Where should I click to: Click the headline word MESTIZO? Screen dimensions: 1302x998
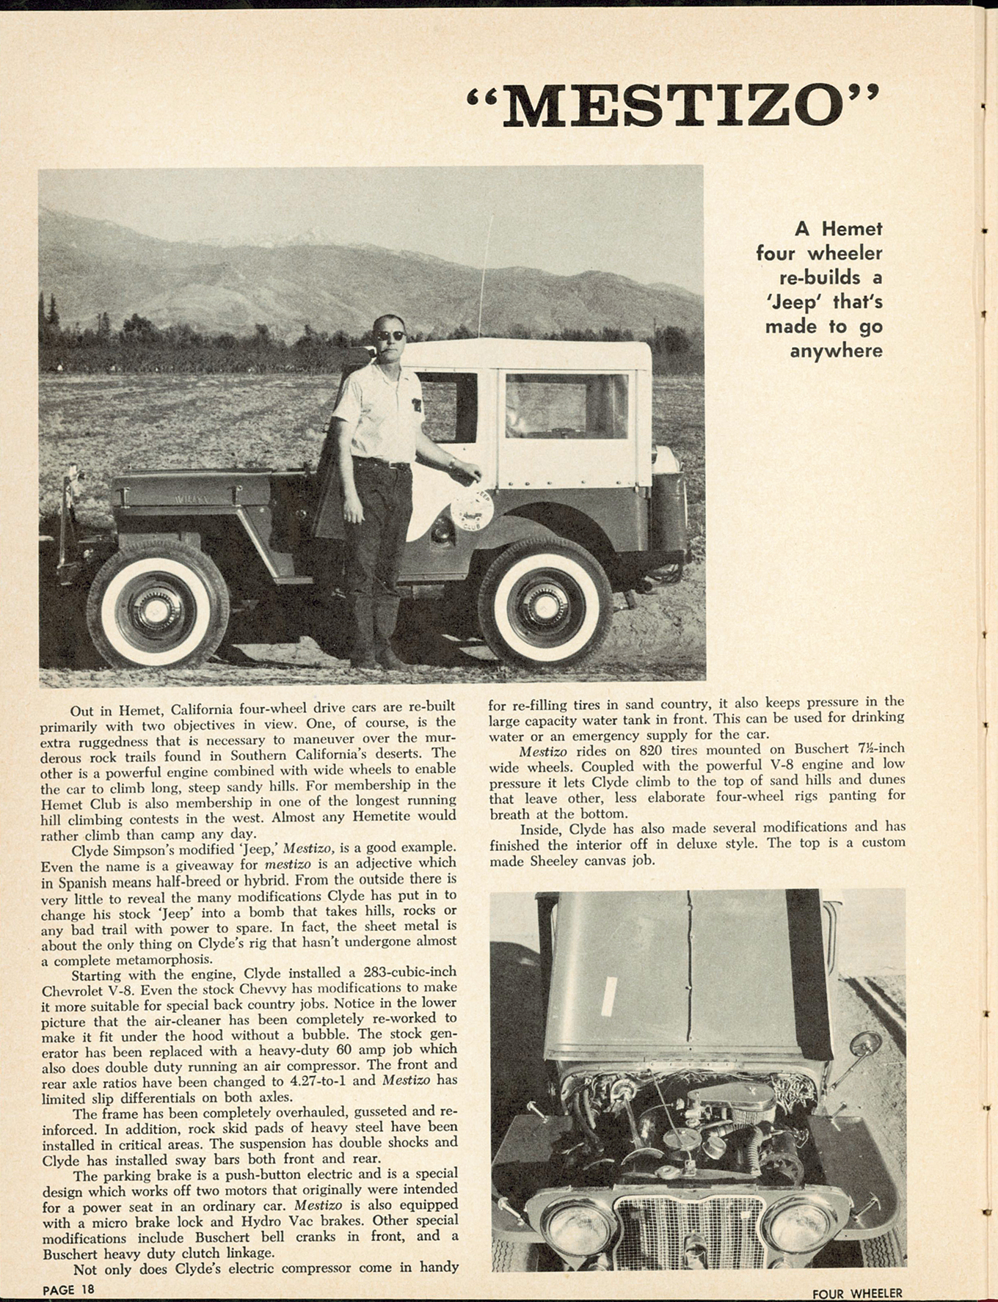point(671,106)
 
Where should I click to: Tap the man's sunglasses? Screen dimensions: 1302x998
point(391,336)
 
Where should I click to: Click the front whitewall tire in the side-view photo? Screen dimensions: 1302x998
point(158,603)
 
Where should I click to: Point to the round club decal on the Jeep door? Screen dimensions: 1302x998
point(471,507)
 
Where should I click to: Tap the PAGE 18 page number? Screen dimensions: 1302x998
point(68,1290)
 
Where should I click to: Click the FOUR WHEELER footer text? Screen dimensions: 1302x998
point(856,1293)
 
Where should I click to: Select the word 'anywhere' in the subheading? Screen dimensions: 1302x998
point(836,351)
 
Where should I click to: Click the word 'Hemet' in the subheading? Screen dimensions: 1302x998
point(852,229)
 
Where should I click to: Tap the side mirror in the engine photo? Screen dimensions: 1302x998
point(864,1044)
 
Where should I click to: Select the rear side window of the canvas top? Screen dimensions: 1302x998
point(566,406)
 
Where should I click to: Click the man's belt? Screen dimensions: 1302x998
point(382,464)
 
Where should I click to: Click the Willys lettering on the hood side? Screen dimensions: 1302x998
point(193,500)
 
